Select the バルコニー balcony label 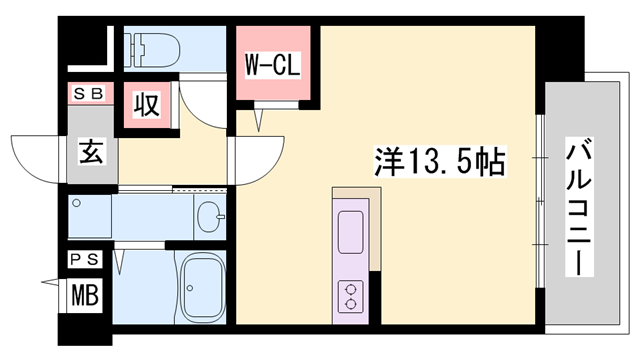[578, 207]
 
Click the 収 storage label [146, 106]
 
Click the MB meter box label [84, 296]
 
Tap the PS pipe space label [84, 260]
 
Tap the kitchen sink [351, 232]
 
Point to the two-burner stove [351, 294]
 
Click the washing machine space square [90, 215]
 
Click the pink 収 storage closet [147, 108]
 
